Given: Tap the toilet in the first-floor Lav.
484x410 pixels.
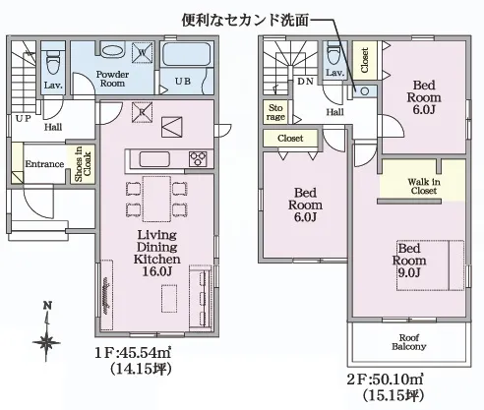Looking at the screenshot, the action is point(52,61).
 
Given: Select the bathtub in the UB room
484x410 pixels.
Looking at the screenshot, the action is point(187,54).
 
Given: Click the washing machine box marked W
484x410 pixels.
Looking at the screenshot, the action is point(143,52).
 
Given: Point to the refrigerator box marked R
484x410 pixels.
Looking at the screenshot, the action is point(142,112).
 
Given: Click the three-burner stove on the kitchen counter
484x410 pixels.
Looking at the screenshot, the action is point(198,159).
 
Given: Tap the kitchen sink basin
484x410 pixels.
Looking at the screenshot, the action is point(154,159).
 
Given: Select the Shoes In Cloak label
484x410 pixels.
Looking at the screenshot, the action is point(83,164).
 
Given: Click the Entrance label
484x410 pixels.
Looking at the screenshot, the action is point(44,164).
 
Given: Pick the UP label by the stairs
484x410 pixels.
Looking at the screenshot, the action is point(23,118).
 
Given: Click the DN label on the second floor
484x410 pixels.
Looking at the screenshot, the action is point(305,82).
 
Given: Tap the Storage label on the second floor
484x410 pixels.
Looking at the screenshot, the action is point(275,112).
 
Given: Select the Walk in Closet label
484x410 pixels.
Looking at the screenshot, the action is point(424,186).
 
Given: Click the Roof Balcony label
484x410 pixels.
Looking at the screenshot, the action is point(409,342).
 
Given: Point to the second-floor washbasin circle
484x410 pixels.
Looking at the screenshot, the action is point(364,91).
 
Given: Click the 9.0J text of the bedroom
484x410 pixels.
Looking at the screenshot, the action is point(409,273).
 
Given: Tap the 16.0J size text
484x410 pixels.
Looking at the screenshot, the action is point(157,271).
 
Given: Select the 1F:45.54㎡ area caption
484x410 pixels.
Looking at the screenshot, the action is point(133,353).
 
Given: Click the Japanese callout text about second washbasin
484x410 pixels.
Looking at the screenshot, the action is point(245,21).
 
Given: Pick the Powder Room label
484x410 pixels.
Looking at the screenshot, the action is point(112,79).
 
